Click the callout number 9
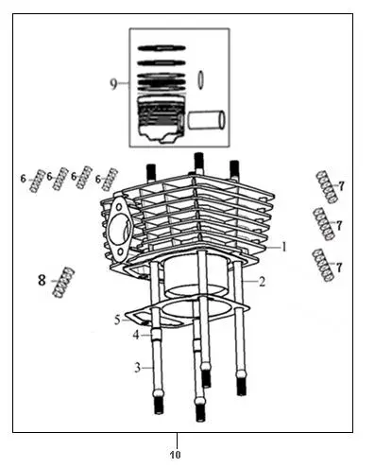[113, 84]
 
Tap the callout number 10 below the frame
[176, 455]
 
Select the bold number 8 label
[42, 280]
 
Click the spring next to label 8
[64, 282]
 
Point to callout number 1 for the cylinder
[284, 247]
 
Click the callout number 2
[262, 281]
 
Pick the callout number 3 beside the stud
[137, 368]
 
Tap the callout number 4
[136, 335]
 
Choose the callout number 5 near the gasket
[117, 321]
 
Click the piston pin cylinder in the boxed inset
[207, 120]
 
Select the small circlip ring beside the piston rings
[200, 79]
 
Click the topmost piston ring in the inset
[162, 48]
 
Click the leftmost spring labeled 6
[37, 181]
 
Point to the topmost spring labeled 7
[327, 186]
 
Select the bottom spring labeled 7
[323, 265]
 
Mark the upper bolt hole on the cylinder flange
[119, 207]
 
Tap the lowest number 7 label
[339, 268]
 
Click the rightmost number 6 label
[98, 180]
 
